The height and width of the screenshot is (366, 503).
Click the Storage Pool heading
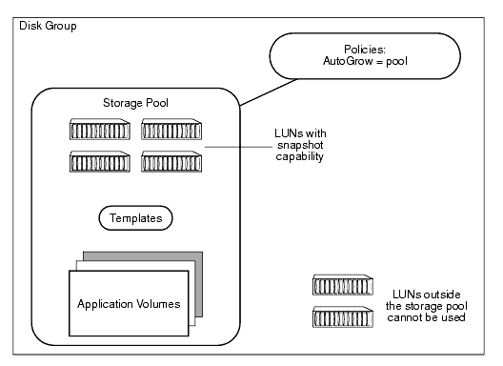tap(133, 101)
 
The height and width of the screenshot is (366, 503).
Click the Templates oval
tap(133, 217)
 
